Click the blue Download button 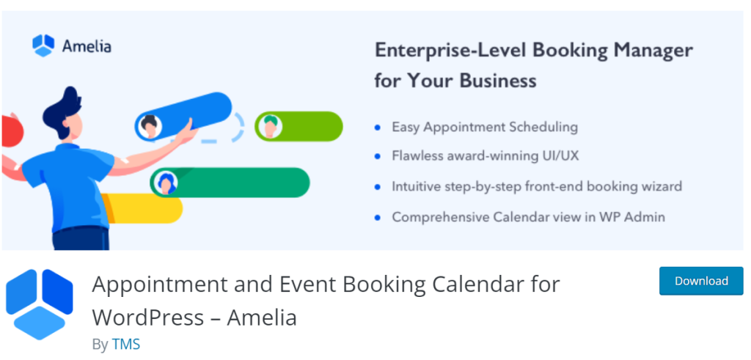(x=701, y=281)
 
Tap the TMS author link (x=126, y=345)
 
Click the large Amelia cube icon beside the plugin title (x=40, y=304)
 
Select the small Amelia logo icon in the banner (x=43, y=46)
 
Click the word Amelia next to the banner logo (x=87, y=46)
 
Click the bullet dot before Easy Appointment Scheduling (x=378, y=128)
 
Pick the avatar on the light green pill (x=270, y=127)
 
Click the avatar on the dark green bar (x=166, y=183)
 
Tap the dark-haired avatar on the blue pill (x=150, y=126)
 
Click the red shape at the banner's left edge (x=12, y=131)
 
